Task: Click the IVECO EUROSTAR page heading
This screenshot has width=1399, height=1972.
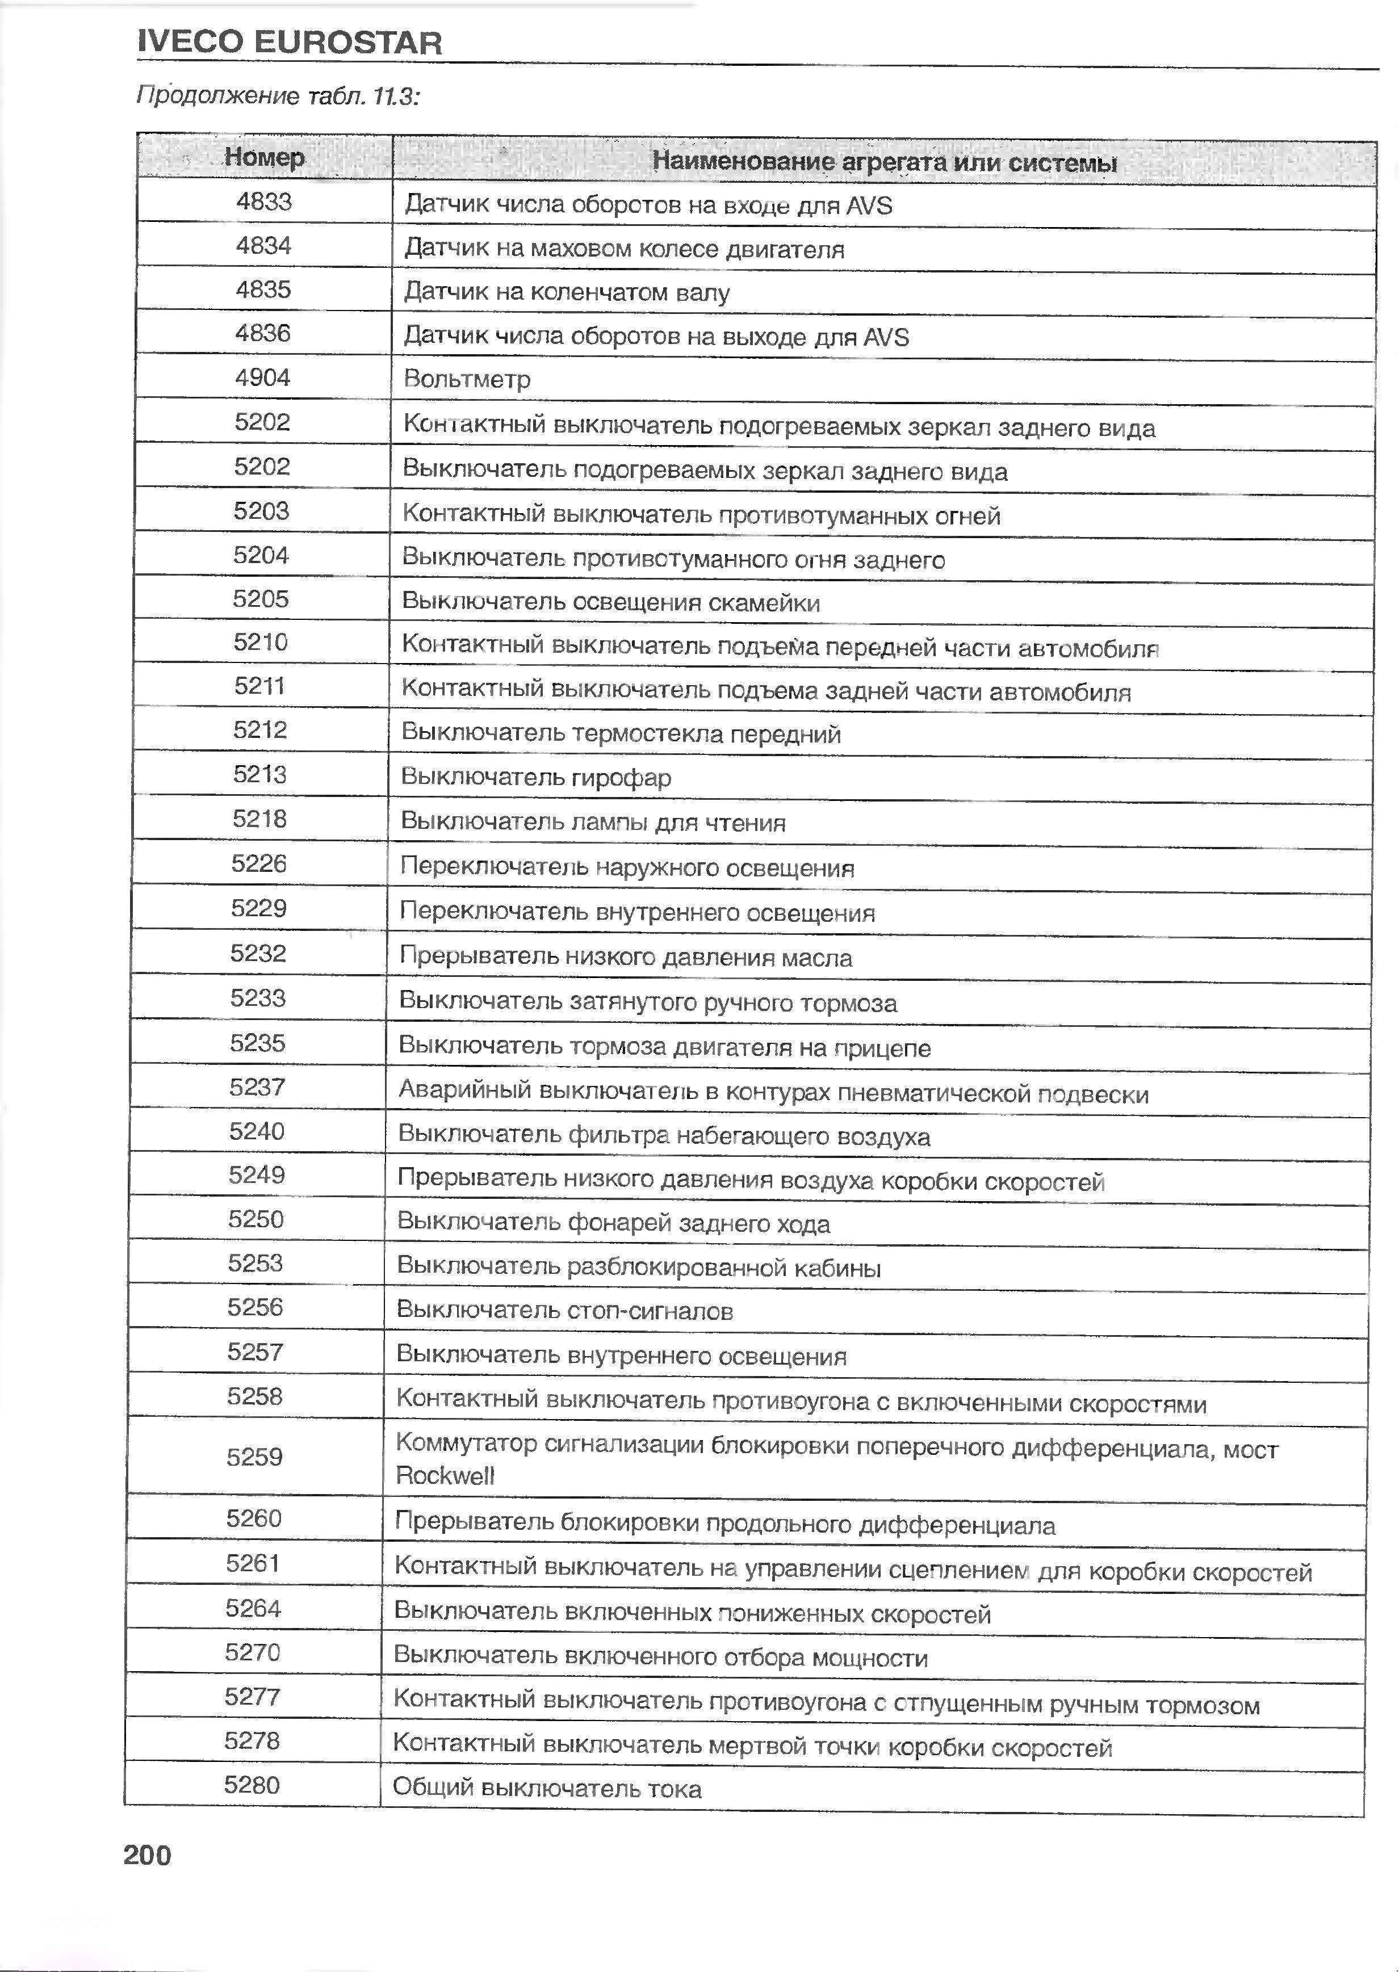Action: click(290, 42)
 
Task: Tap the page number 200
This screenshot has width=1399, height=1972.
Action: click(147, 1854)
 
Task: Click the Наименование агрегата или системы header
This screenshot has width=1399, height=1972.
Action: click(884, 162)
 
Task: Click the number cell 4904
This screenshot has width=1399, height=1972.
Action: click(263, 377)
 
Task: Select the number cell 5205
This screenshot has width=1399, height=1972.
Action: click(260, 598)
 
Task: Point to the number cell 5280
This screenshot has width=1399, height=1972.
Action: click(252, 1785)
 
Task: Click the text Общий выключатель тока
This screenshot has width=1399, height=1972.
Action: click(547, 1789)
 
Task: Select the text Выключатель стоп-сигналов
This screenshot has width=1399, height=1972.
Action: click(564, 1311)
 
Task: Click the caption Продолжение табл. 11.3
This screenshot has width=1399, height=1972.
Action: click(278, 95)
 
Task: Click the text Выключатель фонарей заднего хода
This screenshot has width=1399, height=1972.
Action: click(613, 1224)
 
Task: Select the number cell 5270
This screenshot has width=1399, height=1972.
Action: click(253, 1652)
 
